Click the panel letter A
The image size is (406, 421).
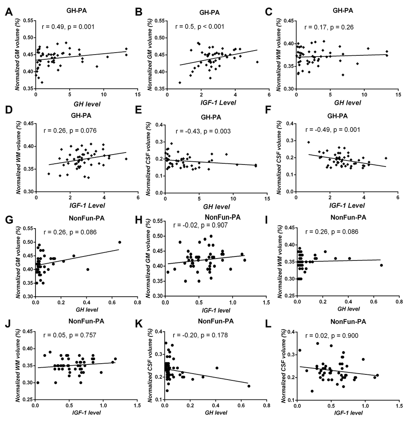(x=8, y=13)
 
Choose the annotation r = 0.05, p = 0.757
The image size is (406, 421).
(x=72, y=336)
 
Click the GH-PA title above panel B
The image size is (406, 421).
(x=199, y=12)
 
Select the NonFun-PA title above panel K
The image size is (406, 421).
(x=217, y=320)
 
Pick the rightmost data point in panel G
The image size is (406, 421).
(x=120, y=242)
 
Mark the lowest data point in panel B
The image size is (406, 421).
(x=180, y=82)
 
